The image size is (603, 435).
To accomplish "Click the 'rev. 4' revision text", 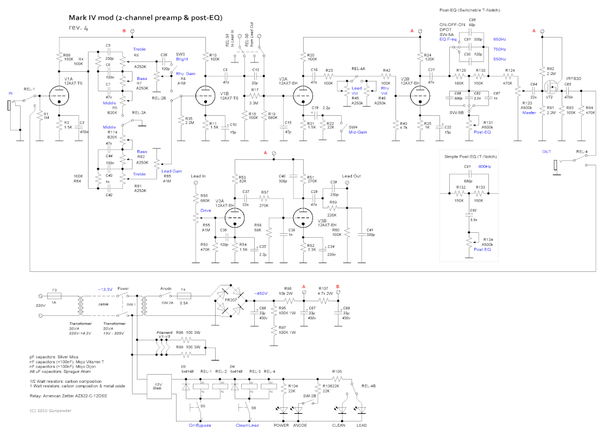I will (79, 28).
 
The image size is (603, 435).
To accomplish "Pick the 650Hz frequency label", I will (499, 40).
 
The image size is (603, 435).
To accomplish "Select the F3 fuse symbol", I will (55, 296).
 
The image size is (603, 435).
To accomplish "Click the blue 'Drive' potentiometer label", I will (205, 210).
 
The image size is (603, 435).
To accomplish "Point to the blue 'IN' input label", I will (10, 93).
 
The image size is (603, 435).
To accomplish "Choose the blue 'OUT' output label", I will (548, 151).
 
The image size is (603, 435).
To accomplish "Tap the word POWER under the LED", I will (282, 425).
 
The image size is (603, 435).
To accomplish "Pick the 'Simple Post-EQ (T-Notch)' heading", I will (472, 157).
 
